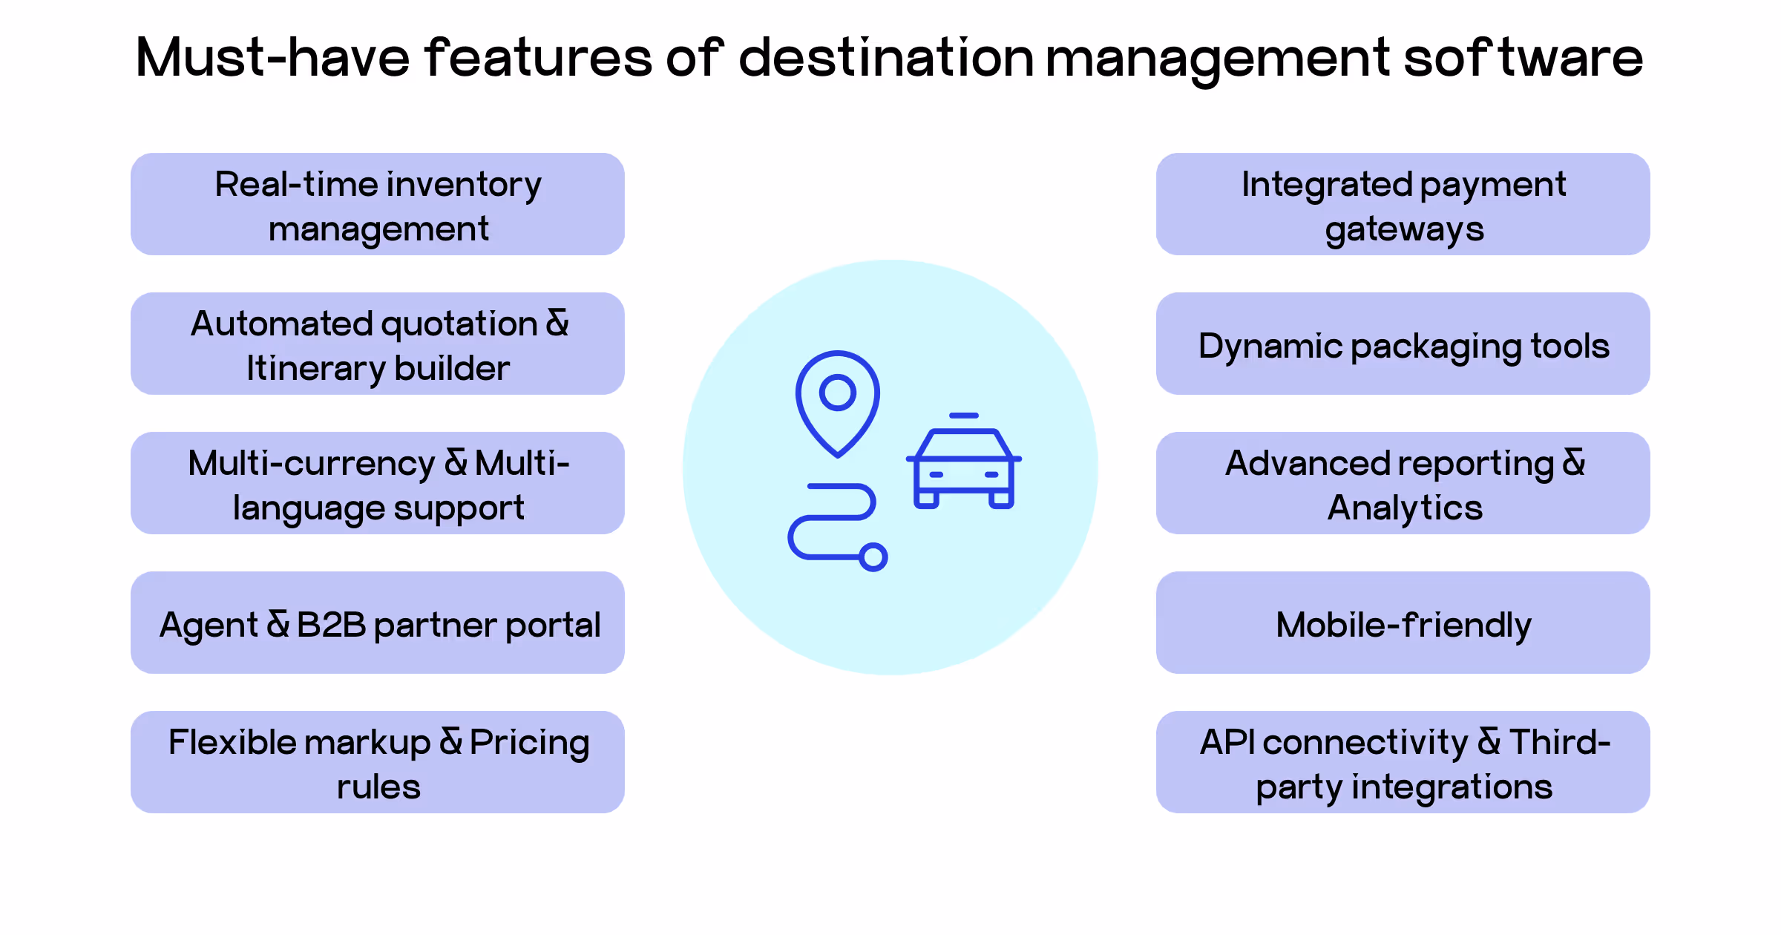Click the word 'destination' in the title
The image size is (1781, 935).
[886, 58]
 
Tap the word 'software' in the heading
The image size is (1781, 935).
[1523, 58]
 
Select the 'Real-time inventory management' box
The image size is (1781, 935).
[378, 204]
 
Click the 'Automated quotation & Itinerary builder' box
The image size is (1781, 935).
[378, 344]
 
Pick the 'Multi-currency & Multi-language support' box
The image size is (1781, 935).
[378, 483]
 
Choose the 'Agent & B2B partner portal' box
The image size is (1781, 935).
[378, 623]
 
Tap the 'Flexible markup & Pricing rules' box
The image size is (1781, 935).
[378, 762]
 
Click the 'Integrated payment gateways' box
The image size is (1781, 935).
[1403, 204]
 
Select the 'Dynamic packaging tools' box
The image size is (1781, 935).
[1403, 344]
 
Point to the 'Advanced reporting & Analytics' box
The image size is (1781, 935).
[1403, 483]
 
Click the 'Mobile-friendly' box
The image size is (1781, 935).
[1403, 623]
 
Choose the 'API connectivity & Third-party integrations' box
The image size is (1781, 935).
[1403, 762]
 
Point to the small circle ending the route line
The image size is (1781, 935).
[873, 557]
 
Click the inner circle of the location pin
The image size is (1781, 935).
[838, 393]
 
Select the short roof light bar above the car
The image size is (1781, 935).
[964, 416]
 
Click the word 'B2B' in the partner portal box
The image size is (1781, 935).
[331, 625]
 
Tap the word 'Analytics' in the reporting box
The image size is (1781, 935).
[1405, 508]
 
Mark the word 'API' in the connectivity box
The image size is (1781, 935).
[1227, 742]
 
